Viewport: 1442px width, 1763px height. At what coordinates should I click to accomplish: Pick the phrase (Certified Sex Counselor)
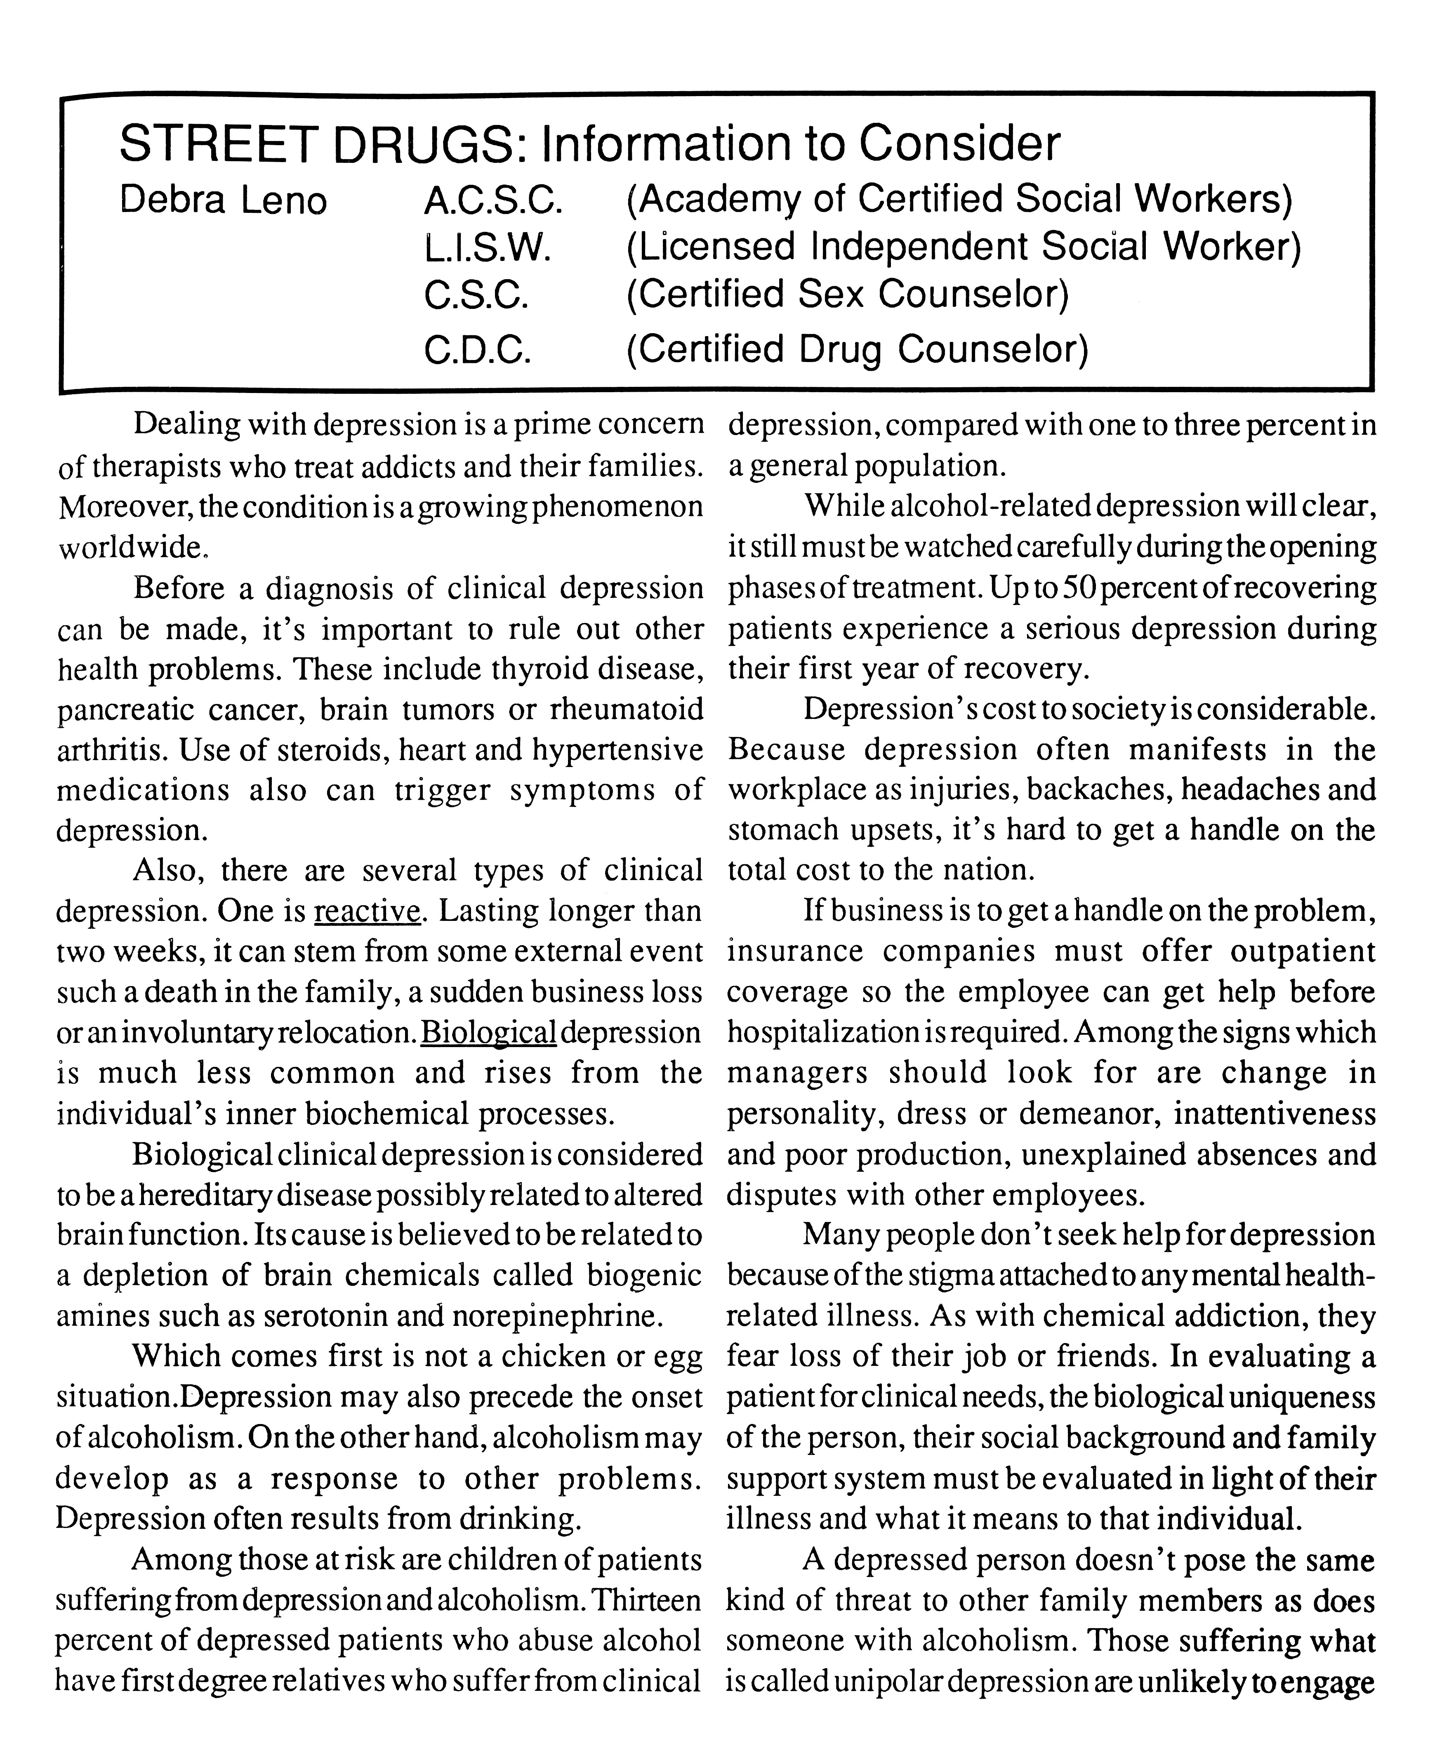[847, 294]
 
